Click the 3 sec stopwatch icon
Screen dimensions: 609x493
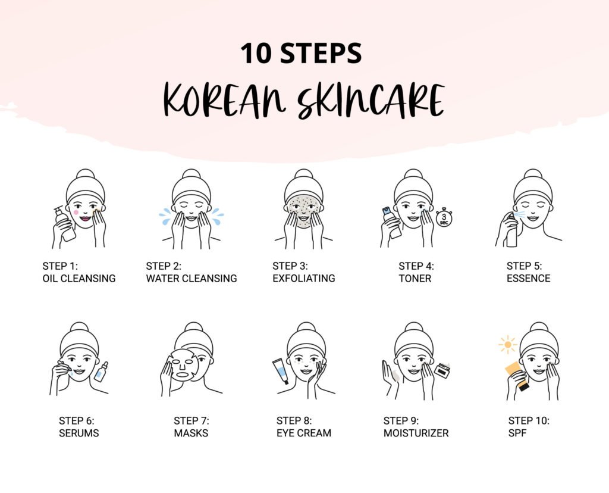(444, 217)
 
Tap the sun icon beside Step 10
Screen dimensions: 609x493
(507, 345)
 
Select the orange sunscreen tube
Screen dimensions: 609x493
(517, 376)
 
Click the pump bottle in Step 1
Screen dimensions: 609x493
(65, 223)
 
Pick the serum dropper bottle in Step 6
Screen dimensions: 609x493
(101, 372)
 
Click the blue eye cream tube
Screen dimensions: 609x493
(280, 370)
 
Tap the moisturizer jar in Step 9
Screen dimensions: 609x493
(442, 370)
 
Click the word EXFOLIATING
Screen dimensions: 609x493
(304, 279)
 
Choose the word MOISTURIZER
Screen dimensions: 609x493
(416, 433)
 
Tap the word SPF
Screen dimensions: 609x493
(517, 433)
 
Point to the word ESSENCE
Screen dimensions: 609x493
(528, 279)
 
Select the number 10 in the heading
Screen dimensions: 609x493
(256, 53)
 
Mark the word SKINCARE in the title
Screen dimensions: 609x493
(371, 101)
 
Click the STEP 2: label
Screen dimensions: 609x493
(164, 266)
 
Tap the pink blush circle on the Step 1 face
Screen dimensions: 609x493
(76, 213)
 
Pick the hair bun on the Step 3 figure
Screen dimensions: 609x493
(304, 174)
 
